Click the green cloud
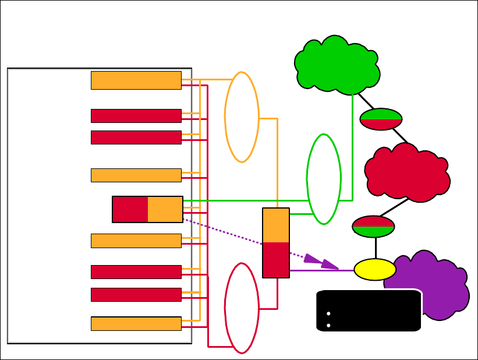337,65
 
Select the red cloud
408,172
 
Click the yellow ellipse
375,270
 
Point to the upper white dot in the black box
329,313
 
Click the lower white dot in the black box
329,325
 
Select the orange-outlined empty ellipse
242,117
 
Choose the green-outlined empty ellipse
324,179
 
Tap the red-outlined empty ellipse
242,308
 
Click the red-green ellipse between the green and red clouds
381,119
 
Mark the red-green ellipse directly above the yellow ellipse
374,227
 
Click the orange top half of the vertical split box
276,225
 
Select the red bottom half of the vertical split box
276,260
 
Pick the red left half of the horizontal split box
130,210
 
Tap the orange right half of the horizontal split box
165,210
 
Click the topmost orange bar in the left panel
136,80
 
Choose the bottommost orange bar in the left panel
136,323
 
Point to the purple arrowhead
321,262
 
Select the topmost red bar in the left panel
136,116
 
